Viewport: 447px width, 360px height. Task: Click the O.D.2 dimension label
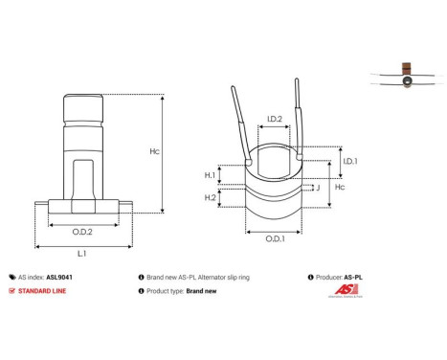tap(83, 231)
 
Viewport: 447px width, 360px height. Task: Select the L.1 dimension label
tap(82, 253)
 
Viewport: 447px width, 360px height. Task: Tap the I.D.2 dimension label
tap(273, 120)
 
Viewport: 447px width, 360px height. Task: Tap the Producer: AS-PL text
tap(343, 275)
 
